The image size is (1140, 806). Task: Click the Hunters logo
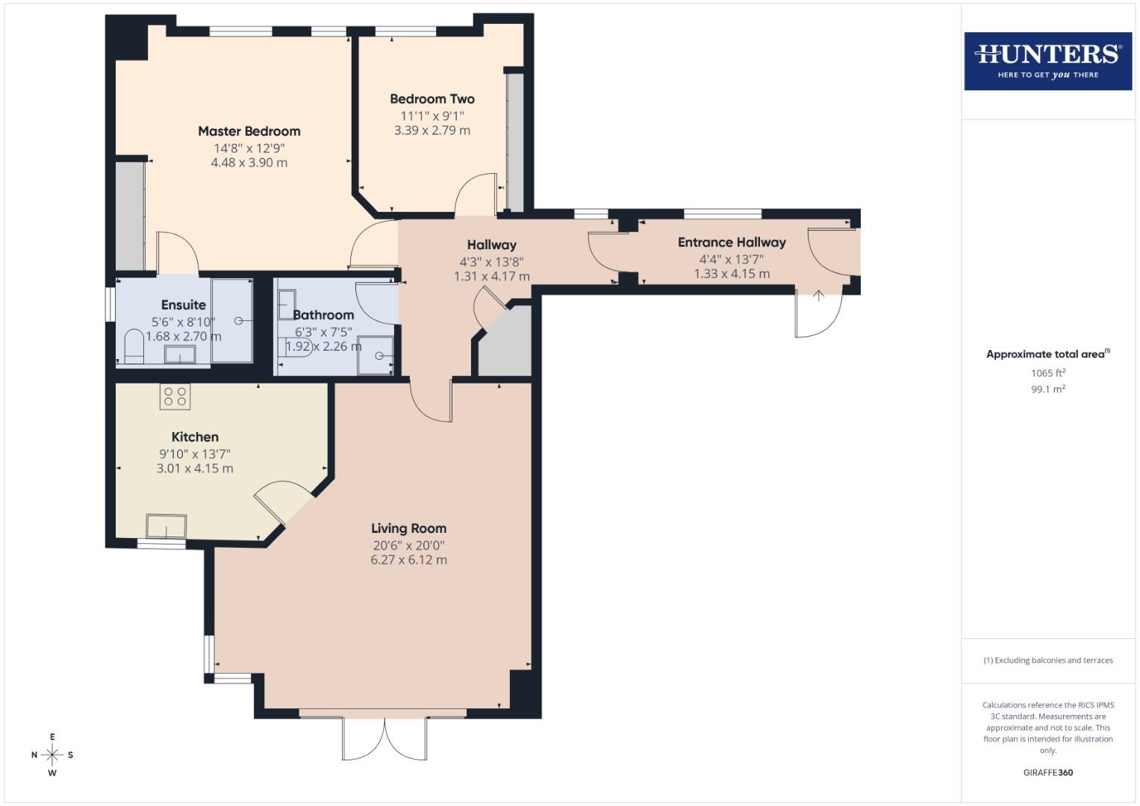1047,61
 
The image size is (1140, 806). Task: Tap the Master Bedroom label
249,131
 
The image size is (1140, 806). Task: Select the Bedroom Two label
432,99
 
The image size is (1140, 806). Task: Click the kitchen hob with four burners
175,396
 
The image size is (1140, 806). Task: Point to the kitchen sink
166,526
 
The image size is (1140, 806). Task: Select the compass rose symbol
52,755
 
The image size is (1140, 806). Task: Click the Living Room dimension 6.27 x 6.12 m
408,560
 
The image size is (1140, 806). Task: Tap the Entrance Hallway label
731,243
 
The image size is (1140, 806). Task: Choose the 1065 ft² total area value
1047,372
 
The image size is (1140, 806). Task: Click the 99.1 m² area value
1047,389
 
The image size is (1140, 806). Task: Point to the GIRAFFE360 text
1047,772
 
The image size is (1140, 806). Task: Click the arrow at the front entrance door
818,296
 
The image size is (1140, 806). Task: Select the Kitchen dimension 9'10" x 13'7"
194,454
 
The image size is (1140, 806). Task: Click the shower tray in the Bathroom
376,355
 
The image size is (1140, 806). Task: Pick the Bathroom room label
323,315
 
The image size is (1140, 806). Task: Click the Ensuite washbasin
180,354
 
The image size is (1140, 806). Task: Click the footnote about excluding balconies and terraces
1047,660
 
